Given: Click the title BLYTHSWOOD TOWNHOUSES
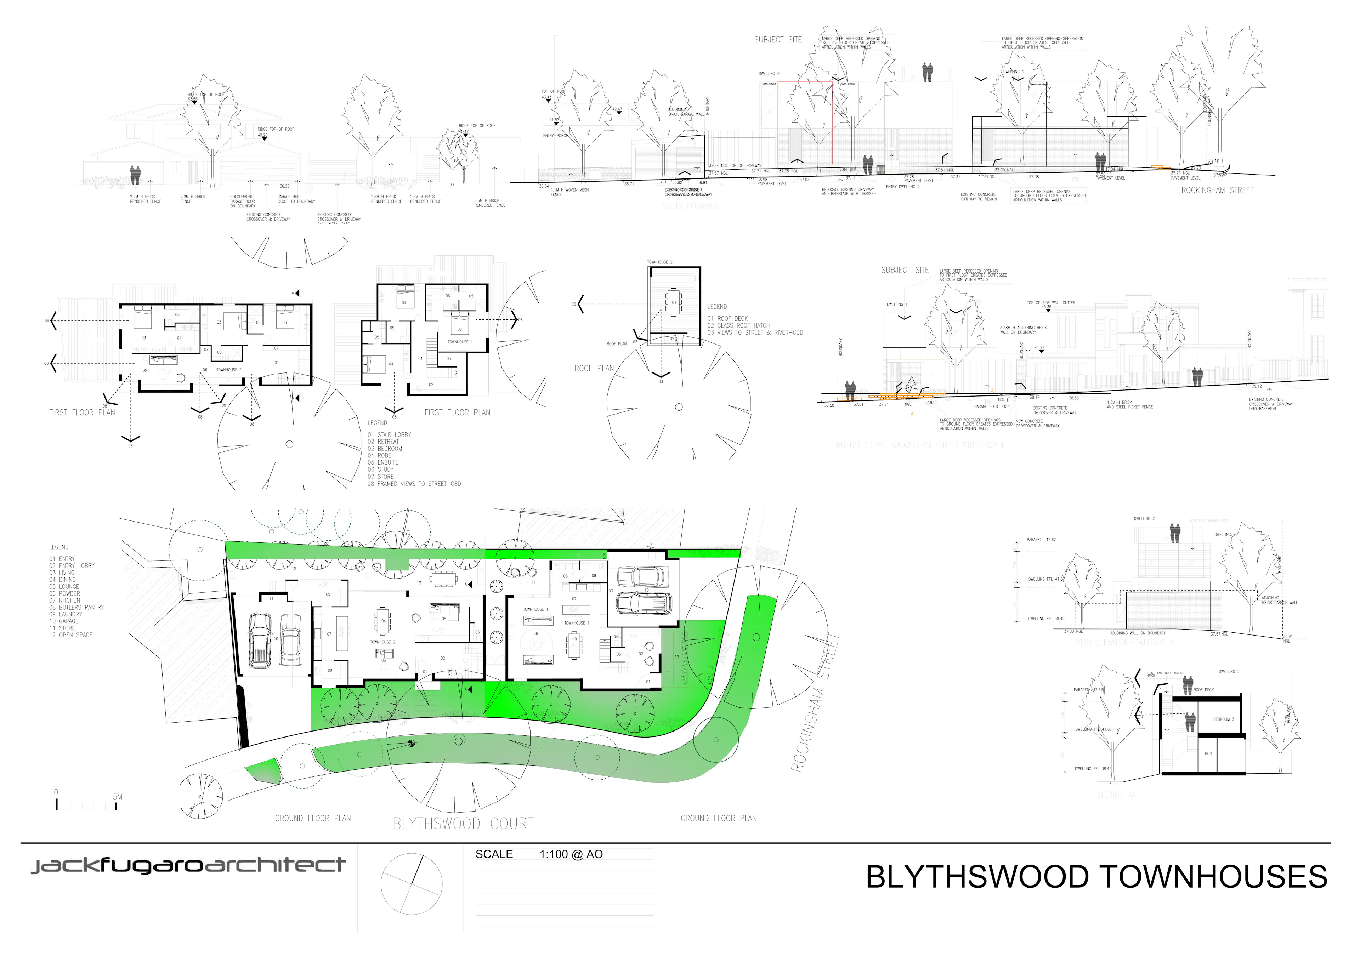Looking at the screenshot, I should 1096,877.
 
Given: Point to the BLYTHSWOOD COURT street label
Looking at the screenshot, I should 463,824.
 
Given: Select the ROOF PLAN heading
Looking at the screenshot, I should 594,369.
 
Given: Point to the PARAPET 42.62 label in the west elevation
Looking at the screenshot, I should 1041,540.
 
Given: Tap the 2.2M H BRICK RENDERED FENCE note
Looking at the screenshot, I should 145,199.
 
